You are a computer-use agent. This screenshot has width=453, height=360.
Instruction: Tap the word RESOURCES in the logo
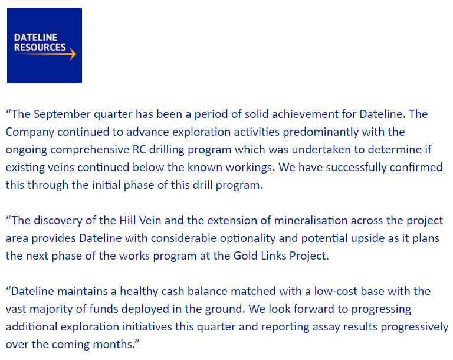point(40,47)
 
